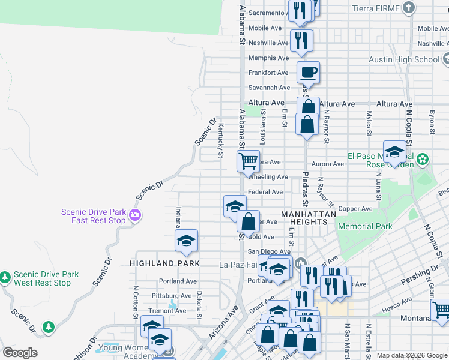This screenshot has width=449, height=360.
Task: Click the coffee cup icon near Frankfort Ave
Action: [x=308, y=73]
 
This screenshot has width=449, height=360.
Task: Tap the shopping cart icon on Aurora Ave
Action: [x=248, y=161]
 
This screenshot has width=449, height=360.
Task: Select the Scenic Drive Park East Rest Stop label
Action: [x=93, y=216]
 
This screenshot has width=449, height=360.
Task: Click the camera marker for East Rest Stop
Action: [x=136, y=215]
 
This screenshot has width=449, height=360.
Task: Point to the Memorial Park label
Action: [x=365, y=226]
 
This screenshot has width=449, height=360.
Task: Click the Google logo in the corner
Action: [x=20, y=353]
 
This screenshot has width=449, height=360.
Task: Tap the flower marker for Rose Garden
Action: [x=423, y=159]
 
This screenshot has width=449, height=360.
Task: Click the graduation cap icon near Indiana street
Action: [x=186, y=241]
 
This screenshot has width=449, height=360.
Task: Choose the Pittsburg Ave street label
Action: [x=172, y=296]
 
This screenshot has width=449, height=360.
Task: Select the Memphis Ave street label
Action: [x=268, y=58]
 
